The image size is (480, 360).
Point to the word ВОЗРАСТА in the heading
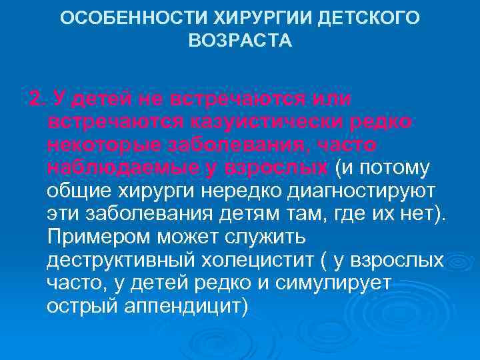pyautogui.click(x=240, y=41)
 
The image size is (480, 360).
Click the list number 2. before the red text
pyautogui.click(x=38, y=100)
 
